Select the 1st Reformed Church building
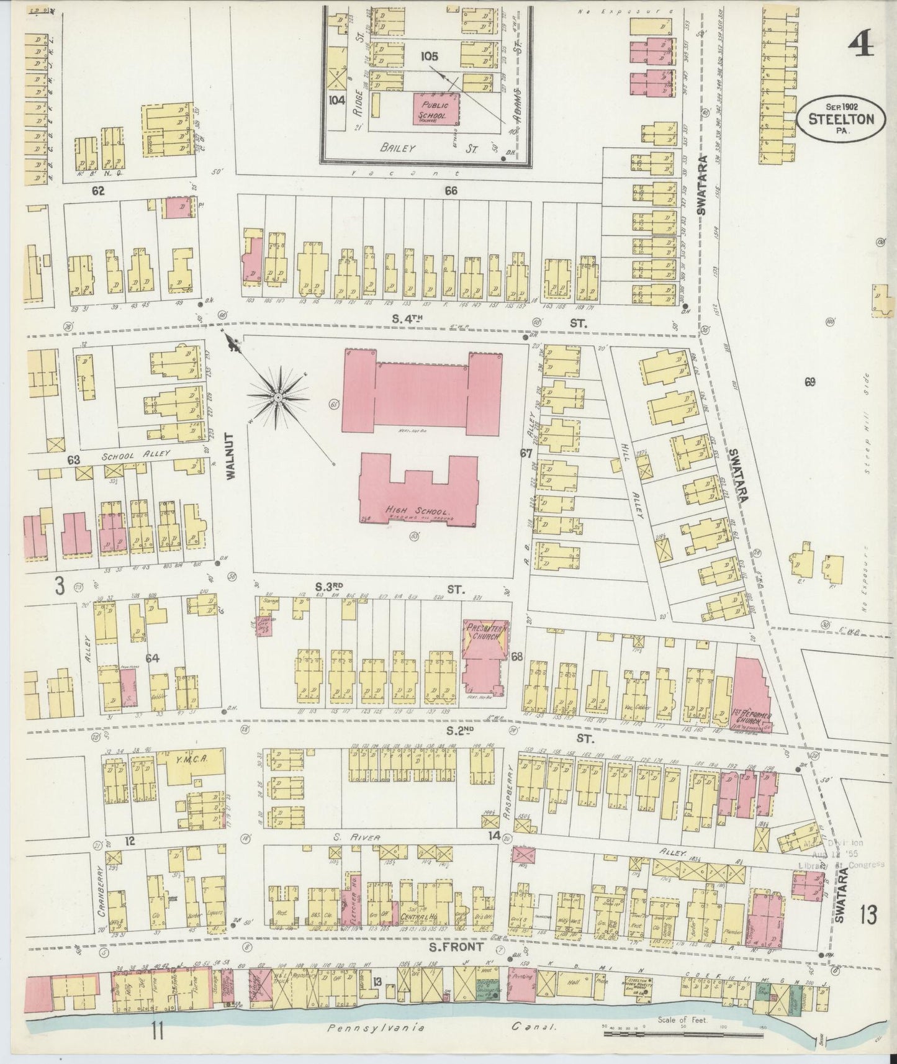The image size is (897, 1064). click(x=752, y=695)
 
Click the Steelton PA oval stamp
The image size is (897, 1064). click(x=845, y=119)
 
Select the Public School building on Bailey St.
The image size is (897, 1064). click(x=437, y=110)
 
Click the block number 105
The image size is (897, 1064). click(x=429, y=56)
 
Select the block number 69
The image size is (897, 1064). click(x=809, y=382)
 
